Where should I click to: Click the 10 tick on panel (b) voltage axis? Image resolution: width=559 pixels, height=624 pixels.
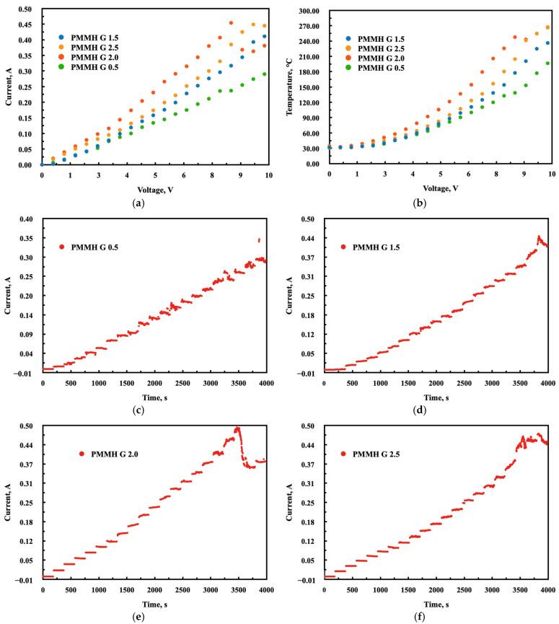[551, 175]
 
